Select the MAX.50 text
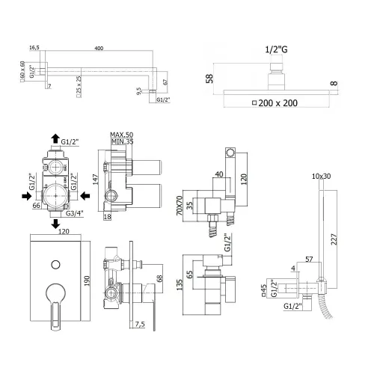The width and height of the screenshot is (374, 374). (121, 132)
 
